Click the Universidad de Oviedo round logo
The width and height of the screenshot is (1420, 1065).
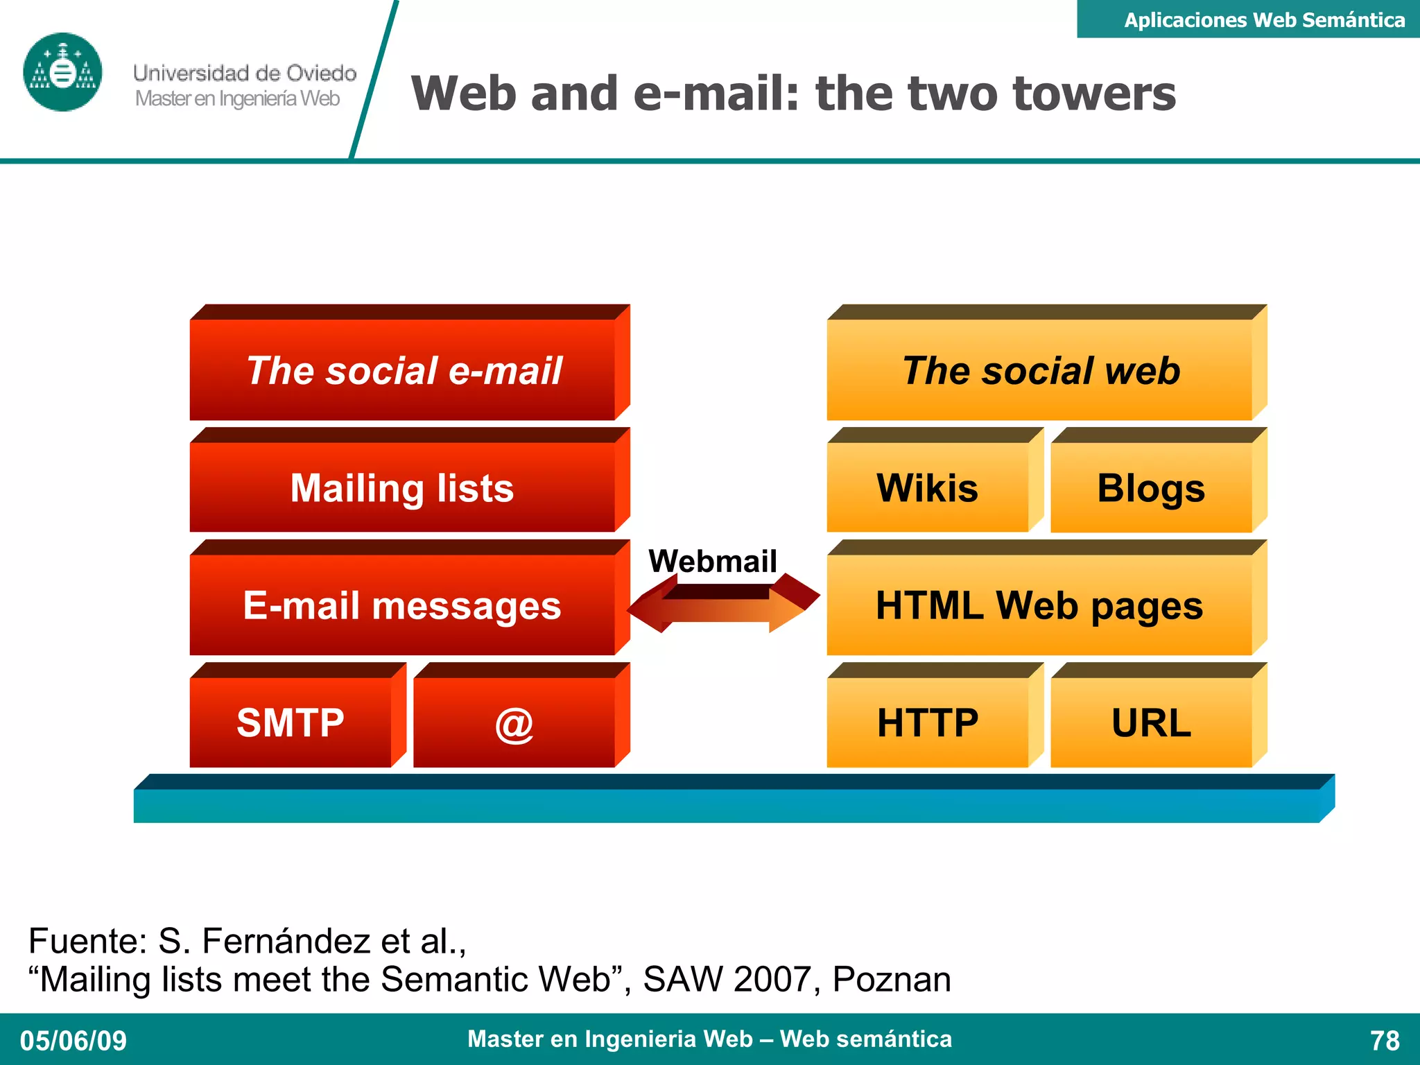click(x=62, y=72)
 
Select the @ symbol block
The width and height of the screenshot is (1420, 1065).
click(x=514, y=722)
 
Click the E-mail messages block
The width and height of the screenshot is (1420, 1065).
click(x=402, y=605)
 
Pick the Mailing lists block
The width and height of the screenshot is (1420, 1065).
click(x=402, y=487)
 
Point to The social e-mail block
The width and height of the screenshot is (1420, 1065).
click(x=402, y=370)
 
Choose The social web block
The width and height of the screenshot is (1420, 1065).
click(x=1040, y=370)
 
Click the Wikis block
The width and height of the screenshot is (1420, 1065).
click(x=927, y=487)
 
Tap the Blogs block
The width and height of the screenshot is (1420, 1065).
click(x=1151, y=487)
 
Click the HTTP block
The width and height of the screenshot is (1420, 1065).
click(x=927, y=722)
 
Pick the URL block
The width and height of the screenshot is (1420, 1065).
click(x=1151, y=722)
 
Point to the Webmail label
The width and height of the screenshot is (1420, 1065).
click(x=712, y=561)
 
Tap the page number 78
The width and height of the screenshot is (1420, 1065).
click(x=1385, y=1041)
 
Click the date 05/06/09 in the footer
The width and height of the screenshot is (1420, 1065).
click(x=73, y=1041)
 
